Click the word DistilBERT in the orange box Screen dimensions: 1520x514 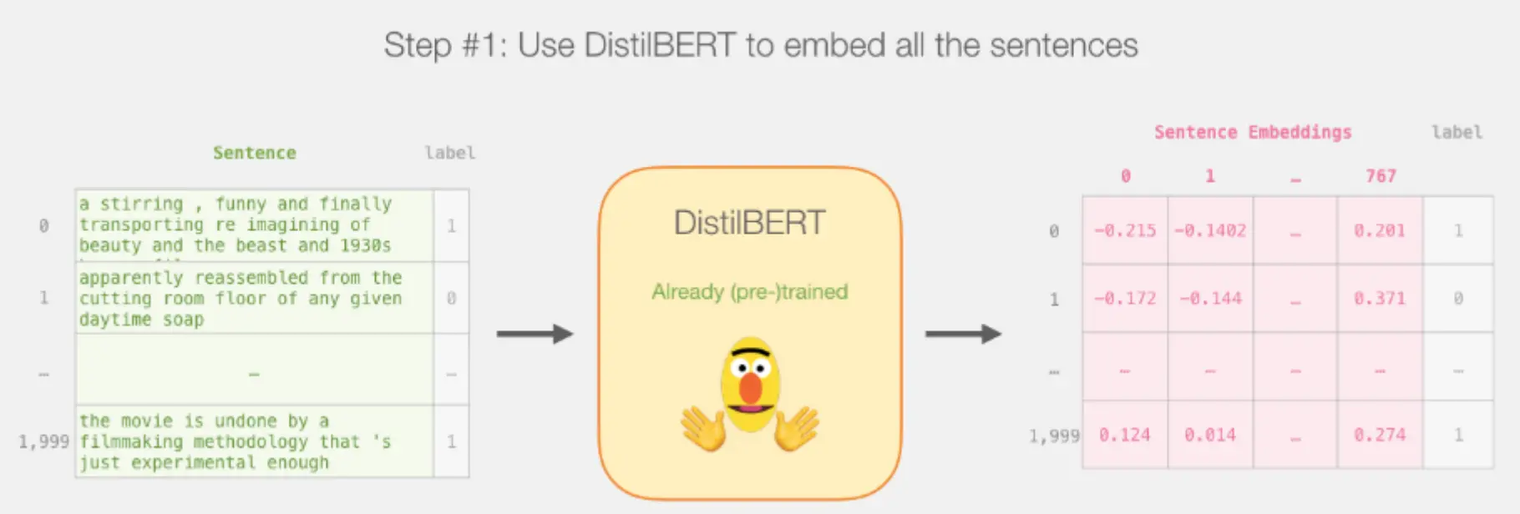pyautogui.click(x=749, y=223)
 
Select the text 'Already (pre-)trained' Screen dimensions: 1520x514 pyautogui.click(x=749, y=292)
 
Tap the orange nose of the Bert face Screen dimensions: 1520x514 pyautogui.click(x=751, y=388)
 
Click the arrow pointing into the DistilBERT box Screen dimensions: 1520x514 pyautogui.click(x=535, y=334)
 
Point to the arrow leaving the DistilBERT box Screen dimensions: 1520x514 pyautogui.click(x=963, y=334)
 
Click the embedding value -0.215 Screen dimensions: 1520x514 pyautogui.click(x=1125, y=231)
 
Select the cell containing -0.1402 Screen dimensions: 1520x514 pyautogui.click(x=1210, y=231)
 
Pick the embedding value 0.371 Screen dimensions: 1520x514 pyautogui.click(x=1380, y=299)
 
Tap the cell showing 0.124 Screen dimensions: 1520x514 pyautogui.click(x=1125, y=435)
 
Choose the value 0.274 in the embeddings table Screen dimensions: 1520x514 pyautogui.click(x=1380, y=435)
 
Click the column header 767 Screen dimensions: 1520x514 pyautogui.click(x=1381, y=176)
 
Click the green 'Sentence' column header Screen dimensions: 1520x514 pyautogui.click(x=255, y=153)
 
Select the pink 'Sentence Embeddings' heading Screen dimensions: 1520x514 pyautogui.click(x=1253, y=133)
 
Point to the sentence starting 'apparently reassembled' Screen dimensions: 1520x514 pyautogui.click(x=241, y=299)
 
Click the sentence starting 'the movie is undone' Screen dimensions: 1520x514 pyautogui.click(x=235, y=442)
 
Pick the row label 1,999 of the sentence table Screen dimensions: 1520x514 pyautogui.click(x=43, y=441)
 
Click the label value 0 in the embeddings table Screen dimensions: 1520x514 pyautogui.click(x=1458, y=299)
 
